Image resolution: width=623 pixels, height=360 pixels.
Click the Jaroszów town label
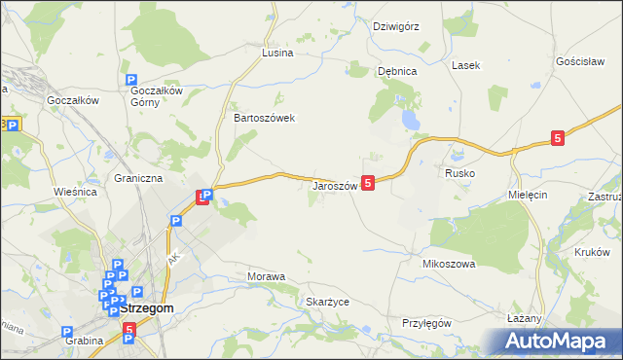click(x=335, y=186)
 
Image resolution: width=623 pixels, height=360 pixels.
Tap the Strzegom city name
click(x=148, y=308)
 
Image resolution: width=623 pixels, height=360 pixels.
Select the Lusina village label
click(x=277, y=53)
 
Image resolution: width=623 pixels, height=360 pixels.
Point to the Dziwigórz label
click(x=396, y=26)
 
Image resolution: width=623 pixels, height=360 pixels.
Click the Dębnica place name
click(x=397, y=71)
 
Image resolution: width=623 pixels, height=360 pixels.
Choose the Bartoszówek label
click(x=264, y=118)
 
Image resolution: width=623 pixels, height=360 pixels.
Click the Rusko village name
click(x=459, y=172)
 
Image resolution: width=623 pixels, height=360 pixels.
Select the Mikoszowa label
click(x=448, y=264)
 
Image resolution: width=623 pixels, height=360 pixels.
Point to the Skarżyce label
click(x=327, y=302)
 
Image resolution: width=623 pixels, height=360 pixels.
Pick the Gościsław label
click(x=582, y=60)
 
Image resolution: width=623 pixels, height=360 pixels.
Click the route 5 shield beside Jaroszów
click(x=367, y=182)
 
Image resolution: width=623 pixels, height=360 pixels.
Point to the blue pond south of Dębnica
click(x=411, y=121)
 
